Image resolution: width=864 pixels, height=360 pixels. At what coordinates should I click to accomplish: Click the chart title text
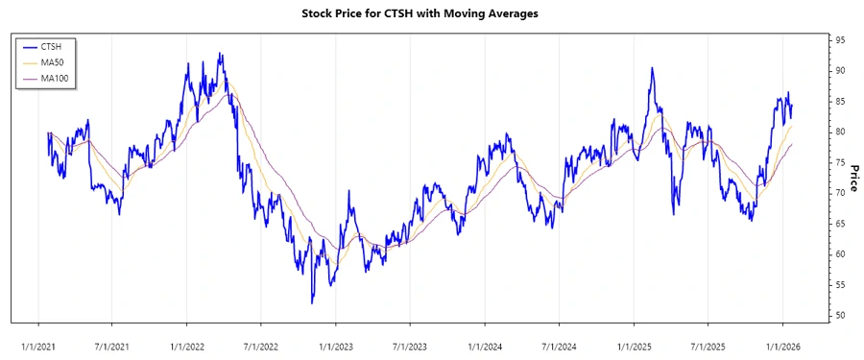pos(432,13)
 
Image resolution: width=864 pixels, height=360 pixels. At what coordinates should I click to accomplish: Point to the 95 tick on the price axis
pos(840,40)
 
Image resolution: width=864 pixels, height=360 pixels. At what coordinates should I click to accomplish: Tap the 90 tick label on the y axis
pos(840,71)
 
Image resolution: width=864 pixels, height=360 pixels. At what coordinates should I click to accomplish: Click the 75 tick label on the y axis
pos(840,162)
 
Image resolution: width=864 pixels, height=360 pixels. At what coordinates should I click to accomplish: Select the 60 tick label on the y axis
pos(840,254)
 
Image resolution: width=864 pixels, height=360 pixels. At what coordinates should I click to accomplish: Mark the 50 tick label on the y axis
pos(840,316)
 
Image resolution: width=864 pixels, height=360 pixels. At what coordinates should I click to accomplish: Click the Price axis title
pos(853,178)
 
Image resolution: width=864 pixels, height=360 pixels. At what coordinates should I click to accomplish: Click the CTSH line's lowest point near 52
pos(312,303)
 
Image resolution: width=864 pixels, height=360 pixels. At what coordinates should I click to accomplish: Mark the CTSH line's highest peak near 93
pos(221,54)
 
